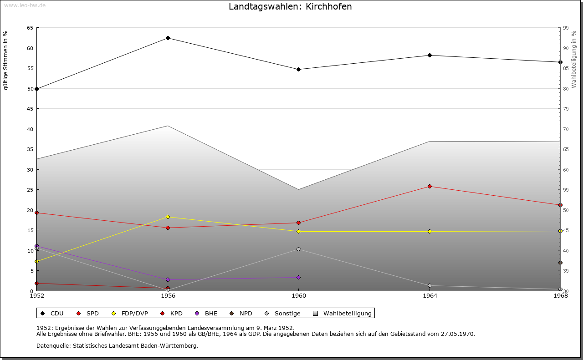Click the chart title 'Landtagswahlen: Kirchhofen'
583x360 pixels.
click(290, 7)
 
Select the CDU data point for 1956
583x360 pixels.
click(168, 38)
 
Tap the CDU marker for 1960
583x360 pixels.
click(298, 69)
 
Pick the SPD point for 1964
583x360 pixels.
click(430, 186)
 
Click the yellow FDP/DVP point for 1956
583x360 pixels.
click(168, 217)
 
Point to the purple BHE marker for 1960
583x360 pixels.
click(298, 277)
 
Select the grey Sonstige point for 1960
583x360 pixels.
click(298, 249)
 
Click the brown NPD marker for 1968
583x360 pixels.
click(560, 263)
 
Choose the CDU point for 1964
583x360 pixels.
click(430, 55)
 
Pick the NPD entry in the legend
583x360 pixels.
click(241, 313)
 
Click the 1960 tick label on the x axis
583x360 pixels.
click(298, 295)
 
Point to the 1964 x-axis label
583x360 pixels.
click(430, 295)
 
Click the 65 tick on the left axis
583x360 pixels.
click(30, 28)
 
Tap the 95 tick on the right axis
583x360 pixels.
click(565, 28)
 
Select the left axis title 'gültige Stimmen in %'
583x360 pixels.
click(6, 60)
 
